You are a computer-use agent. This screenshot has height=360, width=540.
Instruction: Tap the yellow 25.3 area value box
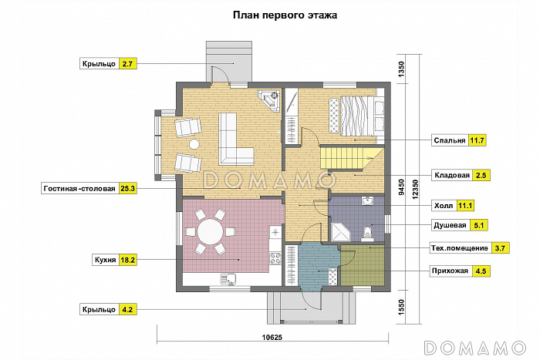128,188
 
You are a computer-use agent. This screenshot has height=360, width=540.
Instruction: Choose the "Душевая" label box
449,226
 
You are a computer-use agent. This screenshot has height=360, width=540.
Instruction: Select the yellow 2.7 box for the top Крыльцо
128,63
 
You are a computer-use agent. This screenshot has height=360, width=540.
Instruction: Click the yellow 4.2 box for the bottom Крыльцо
128,310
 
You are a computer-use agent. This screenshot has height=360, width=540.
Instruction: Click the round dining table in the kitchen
210,230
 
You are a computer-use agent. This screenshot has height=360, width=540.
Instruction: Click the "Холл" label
443,206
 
